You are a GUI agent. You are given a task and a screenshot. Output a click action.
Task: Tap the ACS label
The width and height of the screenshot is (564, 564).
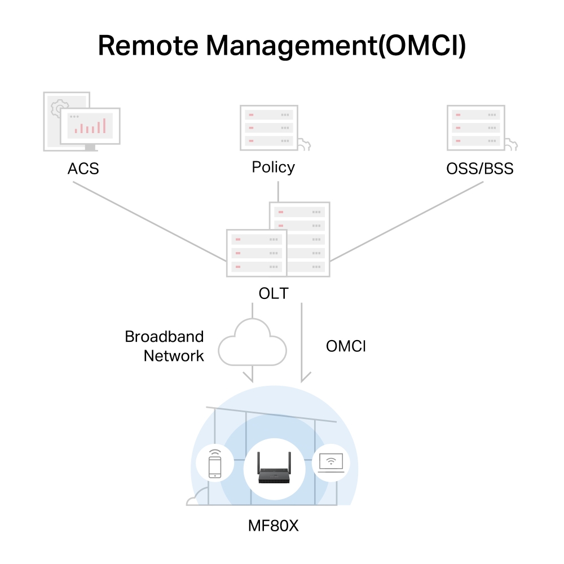tap(83, 168)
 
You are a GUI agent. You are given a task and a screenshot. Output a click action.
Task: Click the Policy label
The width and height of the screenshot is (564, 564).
tap(273, 168)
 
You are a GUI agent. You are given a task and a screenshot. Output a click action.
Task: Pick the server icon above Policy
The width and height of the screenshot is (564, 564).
tap(270, 127)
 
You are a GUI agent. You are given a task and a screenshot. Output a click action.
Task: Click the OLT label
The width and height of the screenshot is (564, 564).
tap(273, 293)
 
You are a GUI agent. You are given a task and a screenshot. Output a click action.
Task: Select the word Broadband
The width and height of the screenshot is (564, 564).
tap(164, 337)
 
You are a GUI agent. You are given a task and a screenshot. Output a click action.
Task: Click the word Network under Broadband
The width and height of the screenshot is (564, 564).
tap(173, 356)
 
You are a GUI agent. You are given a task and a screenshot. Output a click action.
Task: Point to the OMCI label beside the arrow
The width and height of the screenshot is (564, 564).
tap(346, 346)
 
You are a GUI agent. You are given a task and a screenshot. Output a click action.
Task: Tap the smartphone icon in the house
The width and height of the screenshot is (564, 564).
tap(214, 465)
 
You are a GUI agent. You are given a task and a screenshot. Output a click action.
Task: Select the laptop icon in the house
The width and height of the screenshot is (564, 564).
tap(331, 464)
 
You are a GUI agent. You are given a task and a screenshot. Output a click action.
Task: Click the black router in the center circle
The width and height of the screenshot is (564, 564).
tap(274, 469)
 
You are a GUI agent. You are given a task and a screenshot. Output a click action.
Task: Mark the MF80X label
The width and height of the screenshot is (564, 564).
tap(273, 526)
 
